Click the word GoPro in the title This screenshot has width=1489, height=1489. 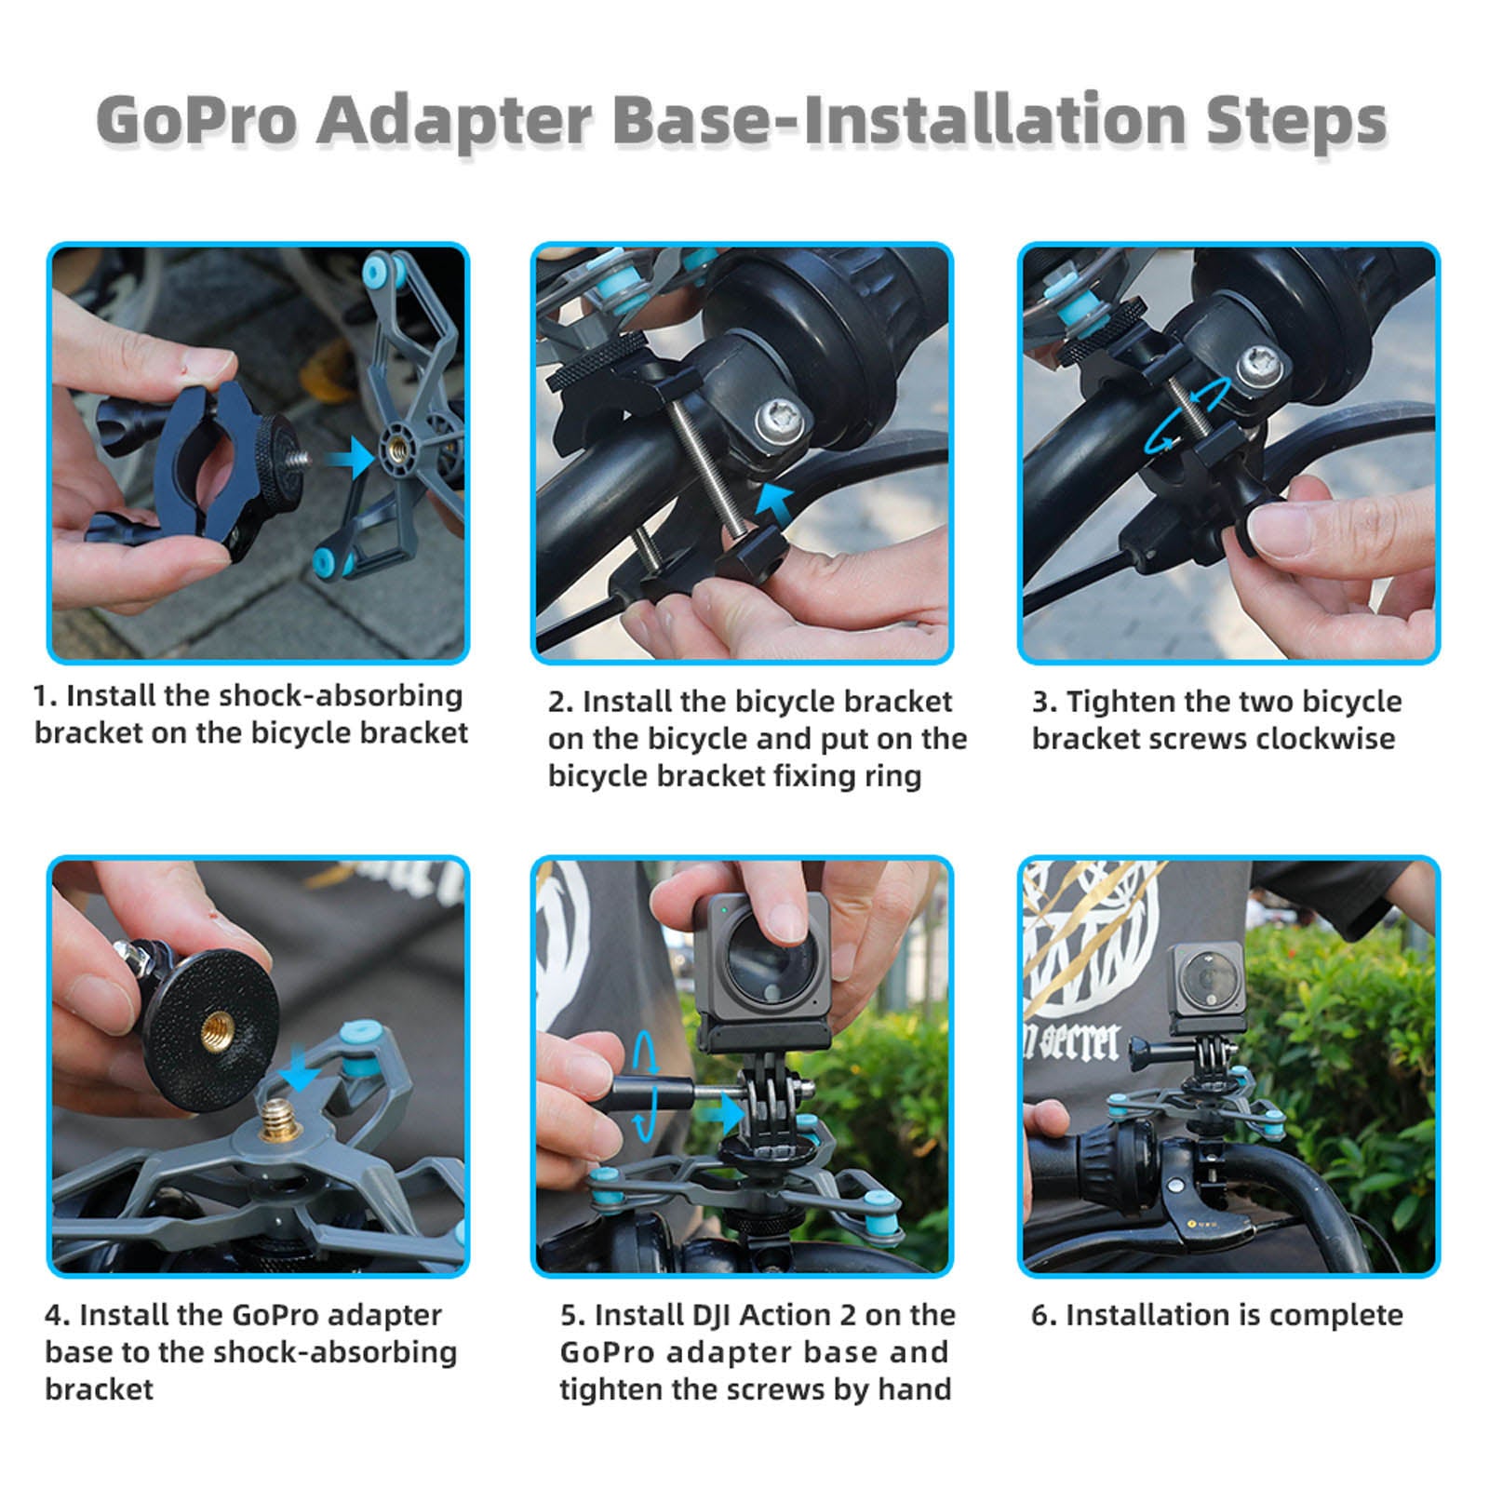(x=196, y=121)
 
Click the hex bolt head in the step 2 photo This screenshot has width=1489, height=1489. (x=780, y=423)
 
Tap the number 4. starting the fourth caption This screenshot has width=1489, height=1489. (x=57, y=1316)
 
